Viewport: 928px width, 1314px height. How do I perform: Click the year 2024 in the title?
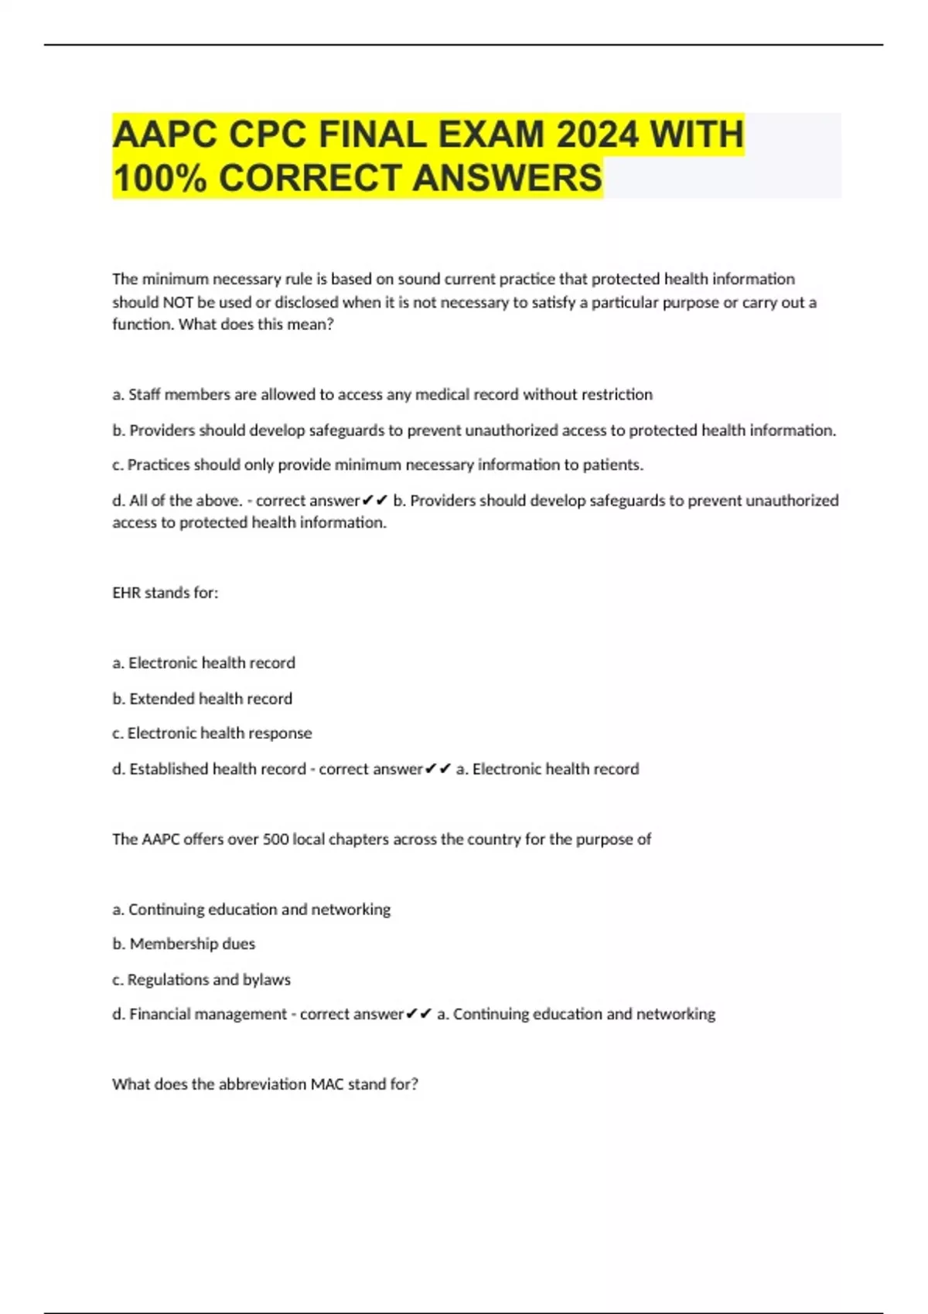point(596,134)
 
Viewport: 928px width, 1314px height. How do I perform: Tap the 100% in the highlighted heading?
point(160,178)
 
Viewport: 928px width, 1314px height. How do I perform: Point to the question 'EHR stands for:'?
point(165,593)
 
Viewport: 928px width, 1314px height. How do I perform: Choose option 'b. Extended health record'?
point(203,699)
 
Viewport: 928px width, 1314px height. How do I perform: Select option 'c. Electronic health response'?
point(212,733)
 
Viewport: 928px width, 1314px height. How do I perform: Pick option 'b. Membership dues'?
point(184,944)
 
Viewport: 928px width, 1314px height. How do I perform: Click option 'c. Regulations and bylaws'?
point(202,979)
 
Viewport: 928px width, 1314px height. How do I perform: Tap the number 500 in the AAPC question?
point(275,839)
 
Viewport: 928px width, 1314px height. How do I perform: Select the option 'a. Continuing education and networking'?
point(251,909)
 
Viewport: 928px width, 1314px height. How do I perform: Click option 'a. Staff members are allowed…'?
point(382,395)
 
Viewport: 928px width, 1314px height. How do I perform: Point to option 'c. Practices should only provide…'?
point(377,465)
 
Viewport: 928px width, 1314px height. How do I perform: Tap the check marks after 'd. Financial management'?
point(419,1014)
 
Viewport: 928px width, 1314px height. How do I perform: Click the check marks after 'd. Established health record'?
point(438,769)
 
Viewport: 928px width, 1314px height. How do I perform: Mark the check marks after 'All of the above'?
point(375,501)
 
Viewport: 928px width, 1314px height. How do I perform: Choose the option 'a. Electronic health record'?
point(204,663)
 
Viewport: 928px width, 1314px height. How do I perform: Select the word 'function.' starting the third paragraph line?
point(143,325)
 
